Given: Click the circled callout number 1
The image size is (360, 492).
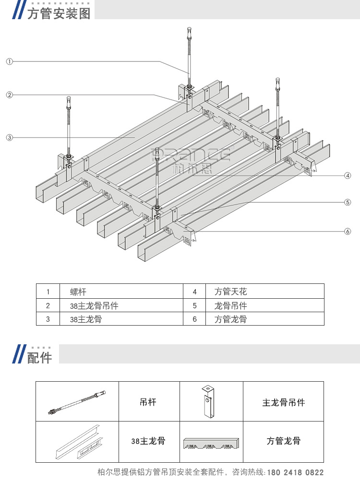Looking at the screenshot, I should (9, 61).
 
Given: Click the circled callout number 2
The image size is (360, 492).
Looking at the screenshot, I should (9, 95).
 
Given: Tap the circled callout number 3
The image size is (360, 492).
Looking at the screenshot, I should (9, 138).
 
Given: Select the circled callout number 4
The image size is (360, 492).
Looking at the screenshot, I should (348, 176).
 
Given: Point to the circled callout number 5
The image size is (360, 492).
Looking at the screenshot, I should (348, 202).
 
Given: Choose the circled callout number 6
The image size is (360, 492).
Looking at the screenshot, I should (348, 232).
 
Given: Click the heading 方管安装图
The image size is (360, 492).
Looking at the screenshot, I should (59, 13).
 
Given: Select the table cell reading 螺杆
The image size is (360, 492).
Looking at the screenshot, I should (78, 292).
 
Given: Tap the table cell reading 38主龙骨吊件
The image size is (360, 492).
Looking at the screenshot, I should (94, 305).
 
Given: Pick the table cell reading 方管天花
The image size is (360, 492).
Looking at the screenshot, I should (230, 292).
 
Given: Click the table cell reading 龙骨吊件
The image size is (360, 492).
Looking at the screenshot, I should (230, 305).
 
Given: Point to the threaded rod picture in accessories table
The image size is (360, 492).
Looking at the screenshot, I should (77, 402).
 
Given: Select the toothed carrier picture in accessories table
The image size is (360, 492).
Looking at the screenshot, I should (211, 442).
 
